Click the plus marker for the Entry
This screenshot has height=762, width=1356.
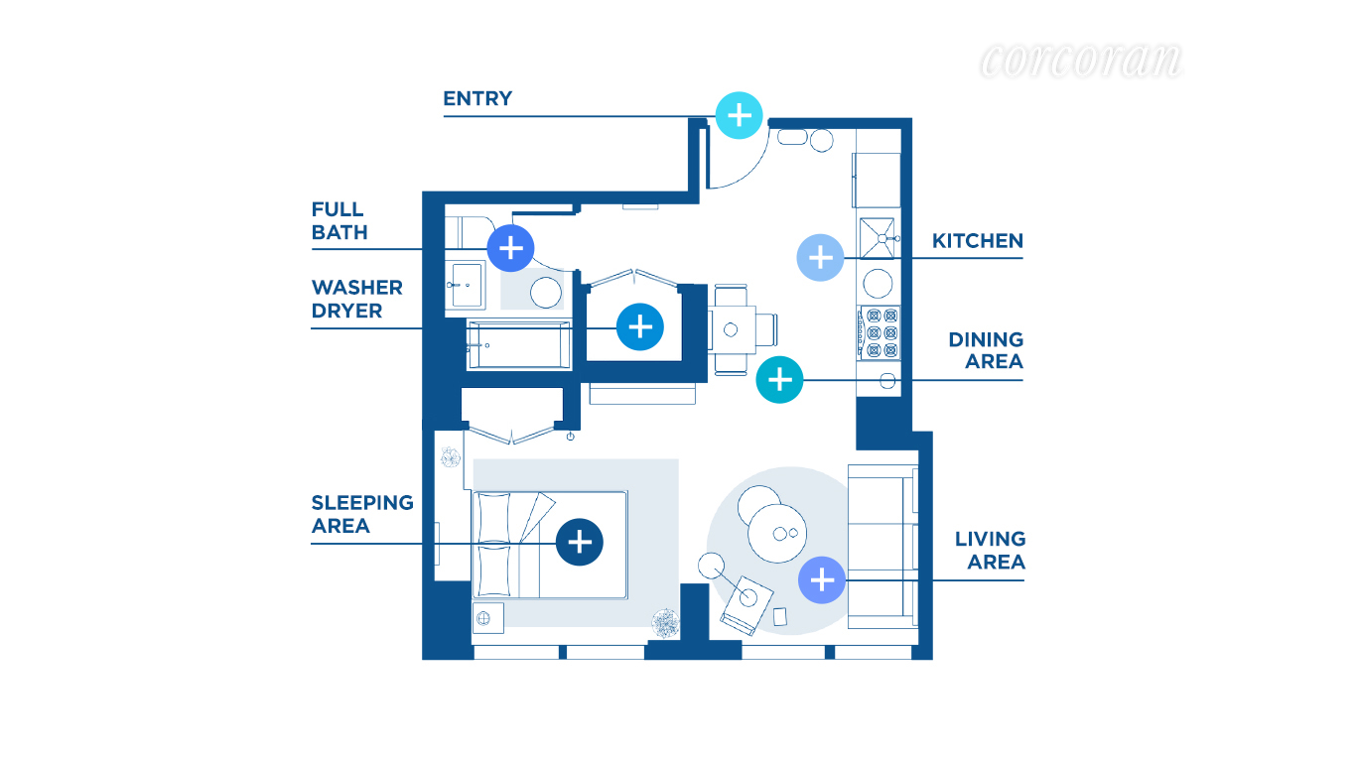pos(739,116)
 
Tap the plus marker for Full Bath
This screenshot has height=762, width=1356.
pos(510,248)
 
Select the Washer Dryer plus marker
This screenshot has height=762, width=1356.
pos(639,326)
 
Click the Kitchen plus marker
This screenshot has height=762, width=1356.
pos(820,258)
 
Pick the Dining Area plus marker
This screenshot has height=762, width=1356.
pos(780,379)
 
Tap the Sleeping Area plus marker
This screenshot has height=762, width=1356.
pos(580,542)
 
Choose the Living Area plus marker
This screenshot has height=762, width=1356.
pos(822,578)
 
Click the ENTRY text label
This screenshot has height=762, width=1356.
pos(477,98)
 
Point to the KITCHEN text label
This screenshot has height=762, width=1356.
pos(977,240)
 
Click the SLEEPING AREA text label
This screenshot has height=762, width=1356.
pos(362,514)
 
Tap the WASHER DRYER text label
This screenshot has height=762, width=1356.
pos(356,299)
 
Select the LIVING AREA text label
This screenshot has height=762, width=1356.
pos(990,550)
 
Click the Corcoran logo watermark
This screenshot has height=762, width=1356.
pos(1080,62)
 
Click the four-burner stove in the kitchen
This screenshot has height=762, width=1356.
pos(879,332)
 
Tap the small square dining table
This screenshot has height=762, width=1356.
pos(733,329)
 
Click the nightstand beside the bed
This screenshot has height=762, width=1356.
pos(486,618)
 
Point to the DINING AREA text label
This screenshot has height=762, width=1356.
pos(985,350)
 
